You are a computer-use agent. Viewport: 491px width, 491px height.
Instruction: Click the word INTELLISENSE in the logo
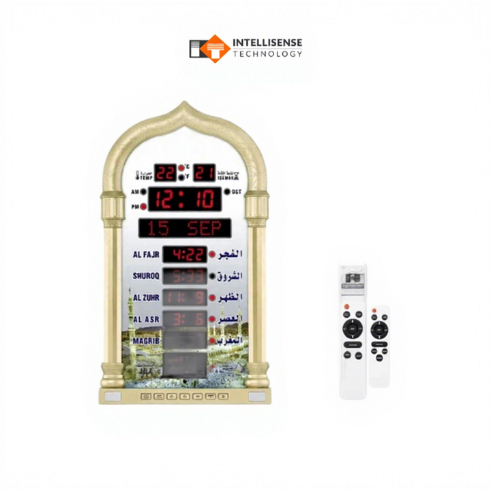267,42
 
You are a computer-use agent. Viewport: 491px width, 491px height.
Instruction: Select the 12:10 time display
185,199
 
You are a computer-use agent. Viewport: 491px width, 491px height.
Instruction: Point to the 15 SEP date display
184,228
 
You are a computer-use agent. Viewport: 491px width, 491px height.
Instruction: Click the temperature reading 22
166,173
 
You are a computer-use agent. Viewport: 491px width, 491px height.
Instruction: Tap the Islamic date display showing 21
204,173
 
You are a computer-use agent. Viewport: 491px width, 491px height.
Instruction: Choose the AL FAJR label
146,255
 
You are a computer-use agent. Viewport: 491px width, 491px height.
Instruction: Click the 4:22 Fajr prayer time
185,255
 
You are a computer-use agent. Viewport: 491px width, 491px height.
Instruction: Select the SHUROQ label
146,276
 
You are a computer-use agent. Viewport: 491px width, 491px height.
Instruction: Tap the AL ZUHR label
146,298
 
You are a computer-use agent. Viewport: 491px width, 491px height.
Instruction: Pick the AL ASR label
146,319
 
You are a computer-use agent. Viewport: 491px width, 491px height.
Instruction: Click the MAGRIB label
146,340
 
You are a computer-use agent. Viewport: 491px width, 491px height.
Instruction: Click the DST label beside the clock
237,192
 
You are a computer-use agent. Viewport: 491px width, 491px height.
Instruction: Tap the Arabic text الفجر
230,255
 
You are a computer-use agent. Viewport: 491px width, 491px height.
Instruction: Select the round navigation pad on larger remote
352,327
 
